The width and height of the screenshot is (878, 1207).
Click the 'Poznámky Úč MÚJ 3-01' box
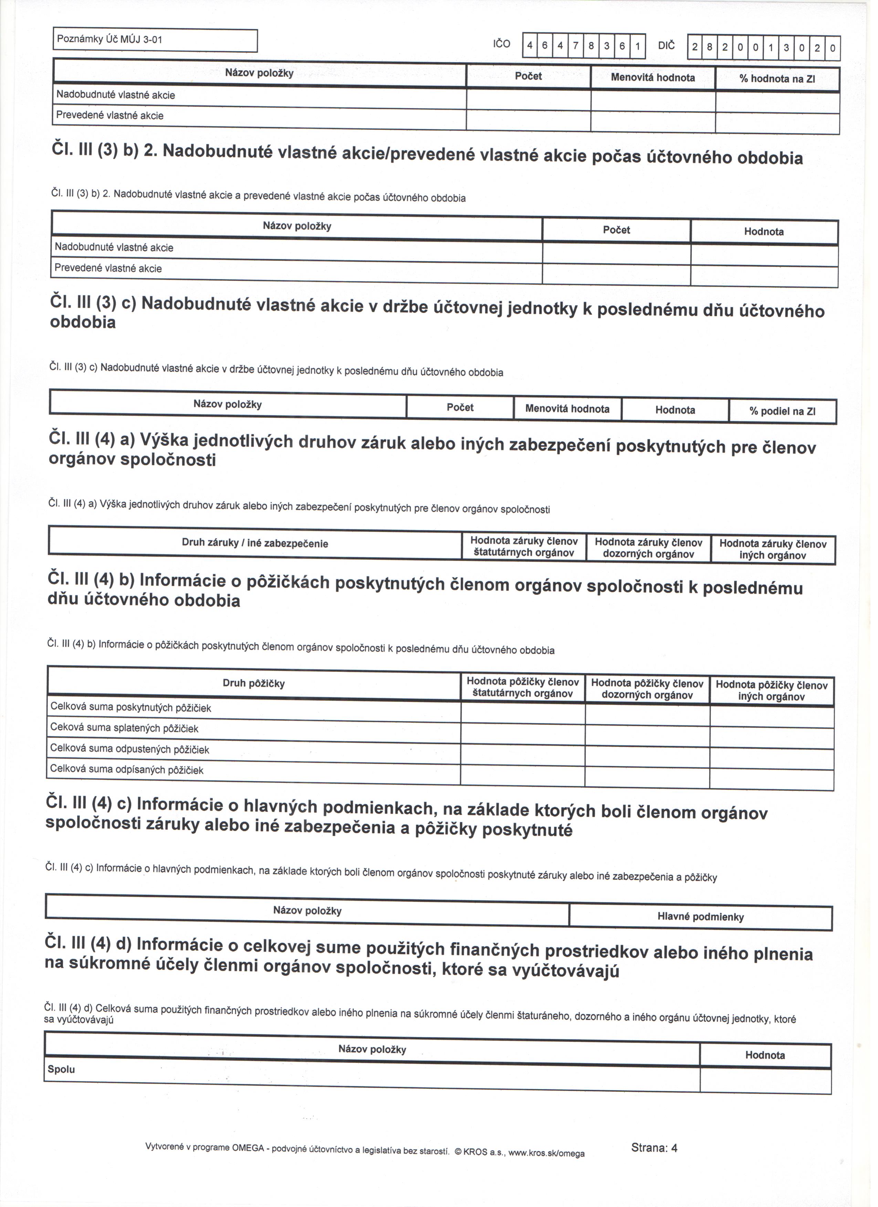(155, 40)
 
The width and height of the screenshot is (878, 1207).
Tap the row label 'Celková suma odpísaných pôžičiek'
(128, 775)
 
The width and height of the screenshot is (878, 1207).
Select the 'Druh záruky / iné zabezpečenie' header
(257, 548)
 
